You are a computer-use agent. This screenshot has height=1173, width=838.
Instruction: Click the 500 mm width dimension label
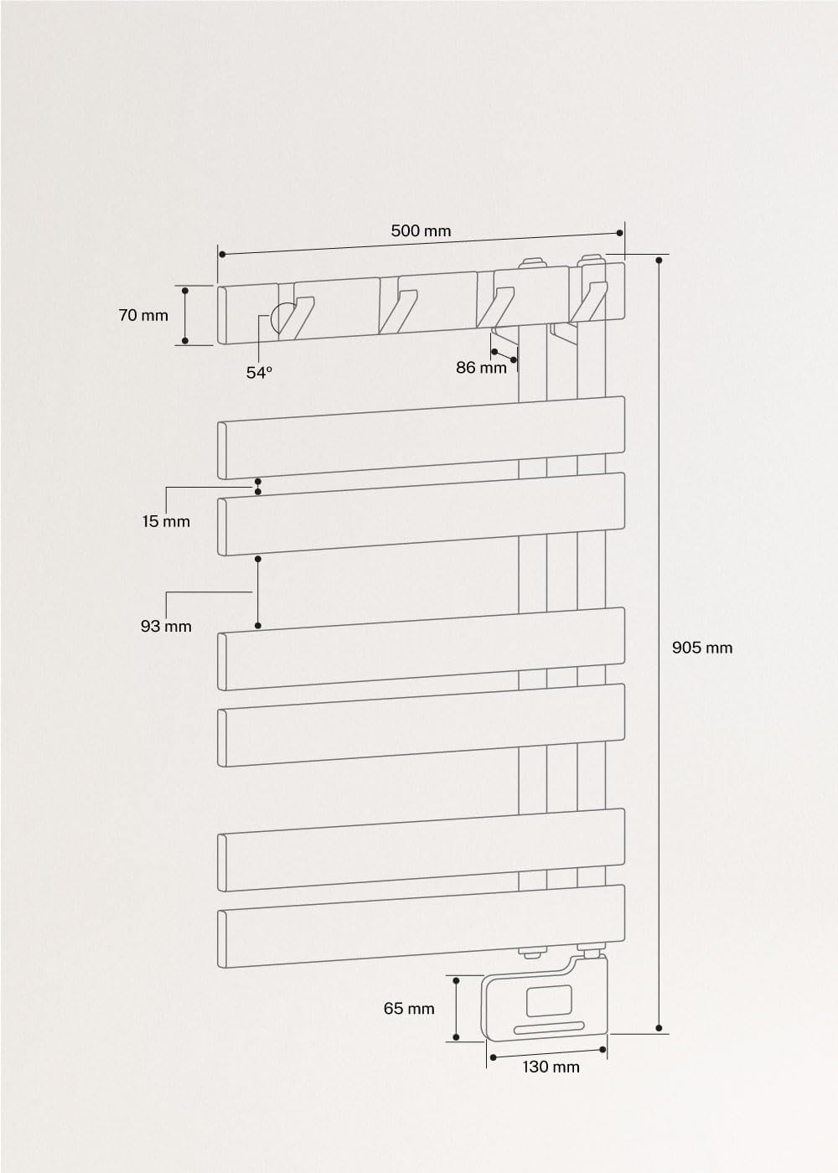pos(421,231)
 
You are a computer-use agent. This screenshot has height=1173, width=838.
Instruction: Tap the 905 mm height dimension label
pos(702,648)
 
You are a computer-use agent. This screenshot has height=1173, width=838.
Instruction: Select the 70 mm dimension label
pos(143,315)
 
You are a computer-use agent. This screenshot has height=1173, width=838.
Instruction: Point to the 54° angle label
pos(259,372)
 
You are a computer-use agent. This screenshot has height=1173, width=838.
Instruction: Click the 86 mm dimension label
pos(481,368)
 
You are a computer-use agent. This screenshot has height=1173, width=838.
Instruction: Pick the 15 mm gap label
pos(166,521)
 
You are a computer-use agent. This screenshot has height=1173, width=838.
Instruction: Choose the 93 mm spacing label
pos(166,626)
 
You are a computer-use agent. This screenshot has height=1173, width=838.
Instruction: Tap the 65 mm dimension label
pos(409,1008)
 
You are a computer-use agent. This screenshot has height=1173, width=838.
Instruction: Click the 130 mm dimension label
pos(551,1067)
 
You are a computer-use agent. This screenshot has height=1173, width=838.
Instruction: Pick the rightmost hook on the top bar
pos(588,302)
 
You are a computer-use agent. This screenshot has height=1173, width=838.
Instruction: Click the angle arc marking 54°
pos(274,320)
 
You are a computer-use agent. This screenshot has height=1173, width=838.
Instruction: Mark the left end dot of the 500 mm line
pos(222,255)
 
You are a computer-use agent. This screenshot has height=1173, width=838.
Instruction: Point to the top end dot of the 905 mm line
pos(659,261)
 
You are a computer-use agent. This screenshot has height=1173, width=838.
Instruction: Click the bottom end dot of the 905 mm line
pos(659,1028)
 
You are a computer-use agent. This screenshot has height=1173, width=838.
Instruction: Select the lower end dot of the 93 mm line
pos(258,626)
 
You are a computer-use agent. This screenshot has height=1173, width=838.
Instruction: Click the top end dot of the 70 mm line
pos(185,290)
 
